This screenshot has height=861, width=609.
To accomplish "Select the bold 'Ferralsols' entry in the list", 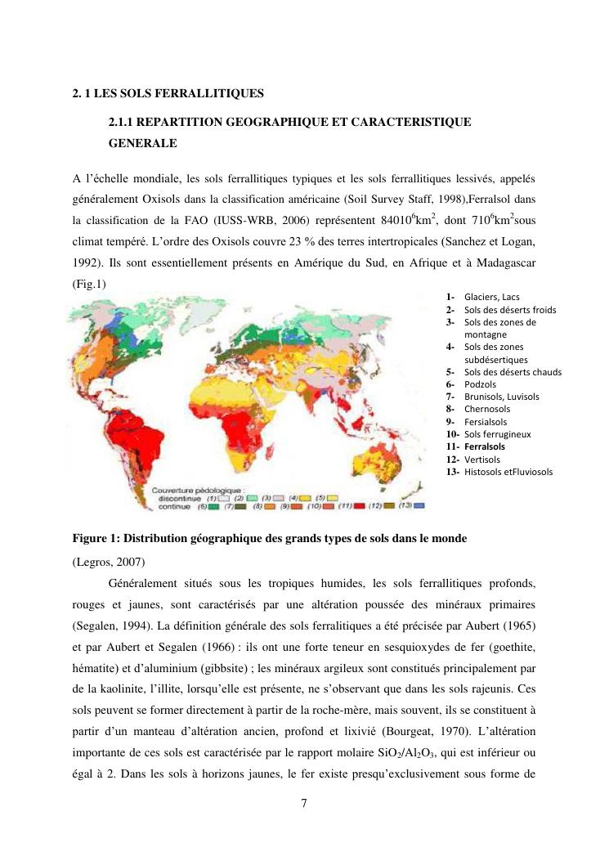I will point(485,447).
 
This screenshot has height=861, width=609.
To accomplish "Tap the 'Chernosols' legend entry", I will point(486,409).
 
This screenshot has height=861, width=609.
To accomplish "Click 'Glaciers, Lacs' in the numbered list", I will point(491,297).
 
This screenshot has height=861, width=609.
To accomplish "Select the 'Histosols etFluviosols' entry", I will point(508,472).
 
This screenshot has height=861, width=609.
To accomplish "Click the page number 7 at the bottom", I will point(304,802).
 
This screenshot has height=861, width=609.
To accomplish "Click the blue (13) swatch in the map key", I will point(420,507).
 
